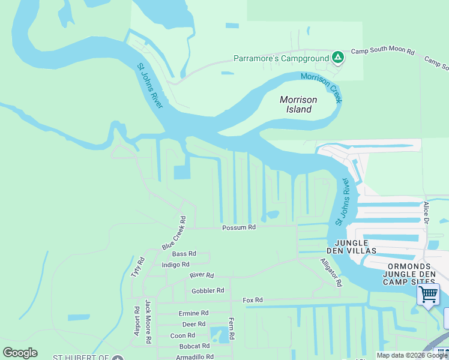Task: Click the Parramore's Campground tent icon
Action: (x=338, y=58)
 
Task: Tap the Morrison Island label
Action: (x=296, y=104)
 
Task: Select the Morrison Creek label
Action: (x=322, y=87)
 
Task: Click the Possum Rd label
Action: (x=239, y=227)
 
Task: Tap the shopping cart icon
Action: (x=429, y=295)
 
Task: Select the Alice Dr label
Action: (x=426, y=213)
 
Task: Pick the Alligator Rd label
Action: (x=331, y=272)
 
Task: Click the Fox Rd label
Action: (x=253, y=300)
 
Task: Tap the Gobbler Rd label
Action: (x=208, y=291)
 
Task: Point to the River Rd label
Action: (x=202, y=275)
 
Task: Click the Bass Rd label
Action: (x=184, y=254)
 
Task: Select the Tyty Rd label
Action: (x=138, y=267)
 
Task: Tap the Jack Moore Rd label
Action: (x=148, y=321)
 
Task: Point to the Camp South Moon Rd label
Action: (x=383, y=52)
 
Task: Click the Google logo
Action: (x=20, y=353)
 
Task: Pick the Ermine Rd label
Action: (x=193, y=313)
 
